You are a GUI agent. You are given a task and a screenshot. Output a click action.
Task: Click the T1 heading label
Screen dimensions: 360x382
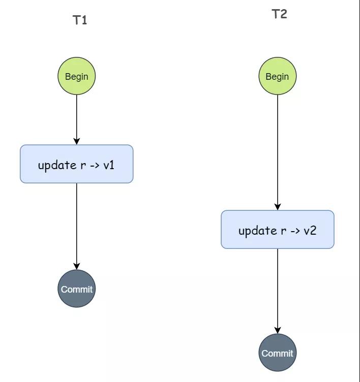coord(80,20)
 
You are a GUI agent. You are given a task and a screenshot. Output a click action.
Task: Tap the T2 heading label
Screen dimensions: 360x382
coord(279,14)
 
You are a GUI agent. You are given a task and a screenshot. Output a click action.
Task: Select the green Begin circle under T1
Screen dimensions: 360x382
coord(77,76)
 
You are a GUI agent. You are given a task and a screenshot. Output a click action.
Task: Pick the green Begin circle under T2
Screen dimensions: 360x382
coord(278,76)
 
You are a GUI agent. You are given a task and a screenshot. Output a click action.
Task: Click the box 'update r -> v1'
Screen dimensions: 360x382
coord(77,164)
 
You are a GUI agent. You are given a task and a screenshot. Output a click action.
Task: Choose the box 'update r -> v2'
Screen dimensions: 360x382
coord(278,229)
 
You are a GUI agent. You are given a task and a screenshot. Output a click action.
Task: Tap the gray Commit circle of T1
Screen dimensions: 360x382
coord(77,289)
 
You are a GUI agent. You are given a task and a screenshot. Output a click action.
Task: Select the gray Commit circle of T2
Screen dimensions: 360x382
coord(278,353)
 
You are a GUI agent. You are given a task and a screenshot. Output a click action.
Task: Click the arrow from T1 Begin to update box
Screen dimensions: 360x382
coord(77,120)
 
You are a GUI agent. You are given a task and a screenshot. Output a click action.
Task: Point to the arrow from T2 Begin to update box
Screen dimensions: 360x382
coord(278,152)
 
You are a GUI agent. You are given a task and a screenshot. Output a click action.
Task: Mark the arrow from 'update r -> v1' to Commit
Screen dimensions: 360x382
coord(77,227)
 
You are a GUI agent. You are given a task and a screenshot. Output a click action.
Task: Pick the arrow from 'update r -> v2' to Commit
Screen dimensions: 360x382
coord(278,291)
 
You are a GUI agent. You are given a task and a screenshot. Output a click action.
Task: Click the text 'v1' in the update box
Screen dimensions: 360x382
coord(109,165)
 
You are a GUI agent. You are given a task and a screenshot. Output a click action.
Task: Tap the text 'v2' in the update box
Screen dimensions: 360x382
coord(310,231)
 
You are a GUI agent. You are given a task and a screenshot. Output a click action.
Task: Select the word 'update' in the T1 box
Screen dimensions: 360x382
coord(57,166)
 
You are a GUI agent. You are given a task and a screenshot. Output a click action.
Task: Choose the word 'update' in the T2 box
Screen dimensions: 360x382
coord(258,231)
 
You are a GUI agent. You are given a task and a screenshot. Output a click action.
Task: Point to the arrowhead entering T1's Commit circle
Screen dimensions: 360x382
coord(77,267)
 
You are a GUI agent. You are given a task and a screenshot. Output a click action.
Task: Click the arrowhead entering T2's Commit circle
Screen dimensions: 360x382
coord(278,330)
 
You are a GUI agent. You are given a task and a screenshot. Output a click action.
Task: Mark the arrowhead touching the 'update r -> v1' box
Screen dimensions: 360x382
coord(77,142)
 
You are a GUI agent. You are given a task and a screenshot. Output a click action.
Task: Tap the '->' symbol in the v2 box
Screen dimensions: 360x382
coord(295,231)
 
